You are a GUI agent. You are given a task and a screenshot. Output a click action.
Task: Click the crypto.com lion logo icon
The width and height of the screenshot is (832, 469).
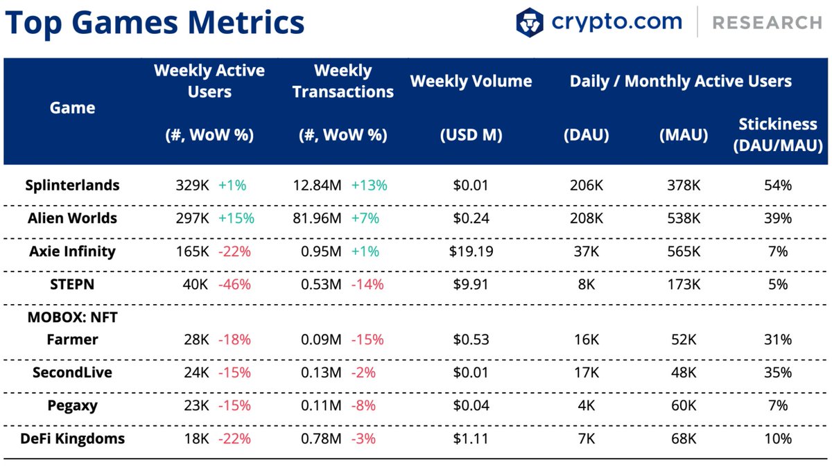tap(530, 22)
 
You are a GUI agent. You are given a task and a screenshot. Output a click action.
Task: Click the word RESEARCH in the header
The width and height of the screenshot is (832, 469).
tap(767, 23)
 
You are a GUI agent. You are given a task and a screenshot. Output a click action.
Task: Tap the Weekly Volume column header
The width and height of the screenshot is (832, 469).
tap(471, 81)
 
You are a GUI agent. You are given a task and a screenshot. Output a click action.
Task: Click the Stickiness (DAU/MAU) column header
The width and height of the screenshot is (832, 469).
tap(777, 135)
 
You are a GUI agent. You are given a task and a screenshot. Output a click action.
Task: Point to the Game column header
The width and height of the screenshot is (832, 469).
tap(73, 107)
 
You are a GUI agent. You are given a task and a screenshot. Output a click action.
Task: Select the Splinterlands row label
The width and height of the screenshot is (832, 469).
tap(72, 185)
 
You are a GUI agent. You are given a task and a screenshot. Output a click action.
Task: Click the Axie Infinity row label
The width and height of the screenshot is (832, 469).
tap(72, 251)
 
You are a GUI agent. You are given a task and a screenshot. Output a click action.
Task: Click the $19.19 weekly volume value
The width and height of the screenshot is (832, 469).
tap(471, 251)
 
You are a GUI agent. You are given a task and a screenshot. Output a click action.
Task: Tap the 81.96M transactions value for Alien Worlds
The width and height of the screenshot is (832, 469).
tap(317, 218)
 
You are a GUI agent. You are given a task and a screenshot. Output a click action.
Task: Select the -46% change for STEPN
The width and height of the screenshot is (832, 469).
tap(234, 284)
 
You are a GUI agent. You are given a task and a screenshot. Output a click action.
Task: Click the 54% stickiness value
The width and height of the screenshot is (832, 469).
tap(777, 185)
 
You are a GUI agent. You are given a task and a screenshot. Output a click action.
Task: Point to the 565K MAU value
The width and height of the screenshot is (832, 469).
tap(683, 251)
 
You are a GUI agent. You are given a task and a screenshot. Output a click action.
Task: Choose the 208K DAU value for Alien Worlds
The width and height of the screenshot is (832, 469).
tap(586, 218)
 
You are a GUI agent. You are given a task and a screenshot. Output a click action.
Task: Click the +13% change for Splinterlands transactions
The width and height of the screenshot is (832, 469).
tap(369, 185)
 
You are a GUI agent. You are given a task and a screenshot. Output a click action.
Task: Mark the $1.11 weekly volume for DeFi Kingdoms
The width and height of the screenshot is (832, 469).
tap(471, 439)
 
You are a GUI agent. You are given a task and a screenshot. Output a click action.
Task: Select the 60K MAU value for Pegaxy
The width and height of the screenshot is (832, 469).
tap(683, 405)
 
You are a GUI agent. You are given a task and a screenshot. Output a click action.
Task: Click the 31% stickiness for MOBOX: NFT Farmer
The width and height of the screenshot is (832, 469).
tap(777, 339)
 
